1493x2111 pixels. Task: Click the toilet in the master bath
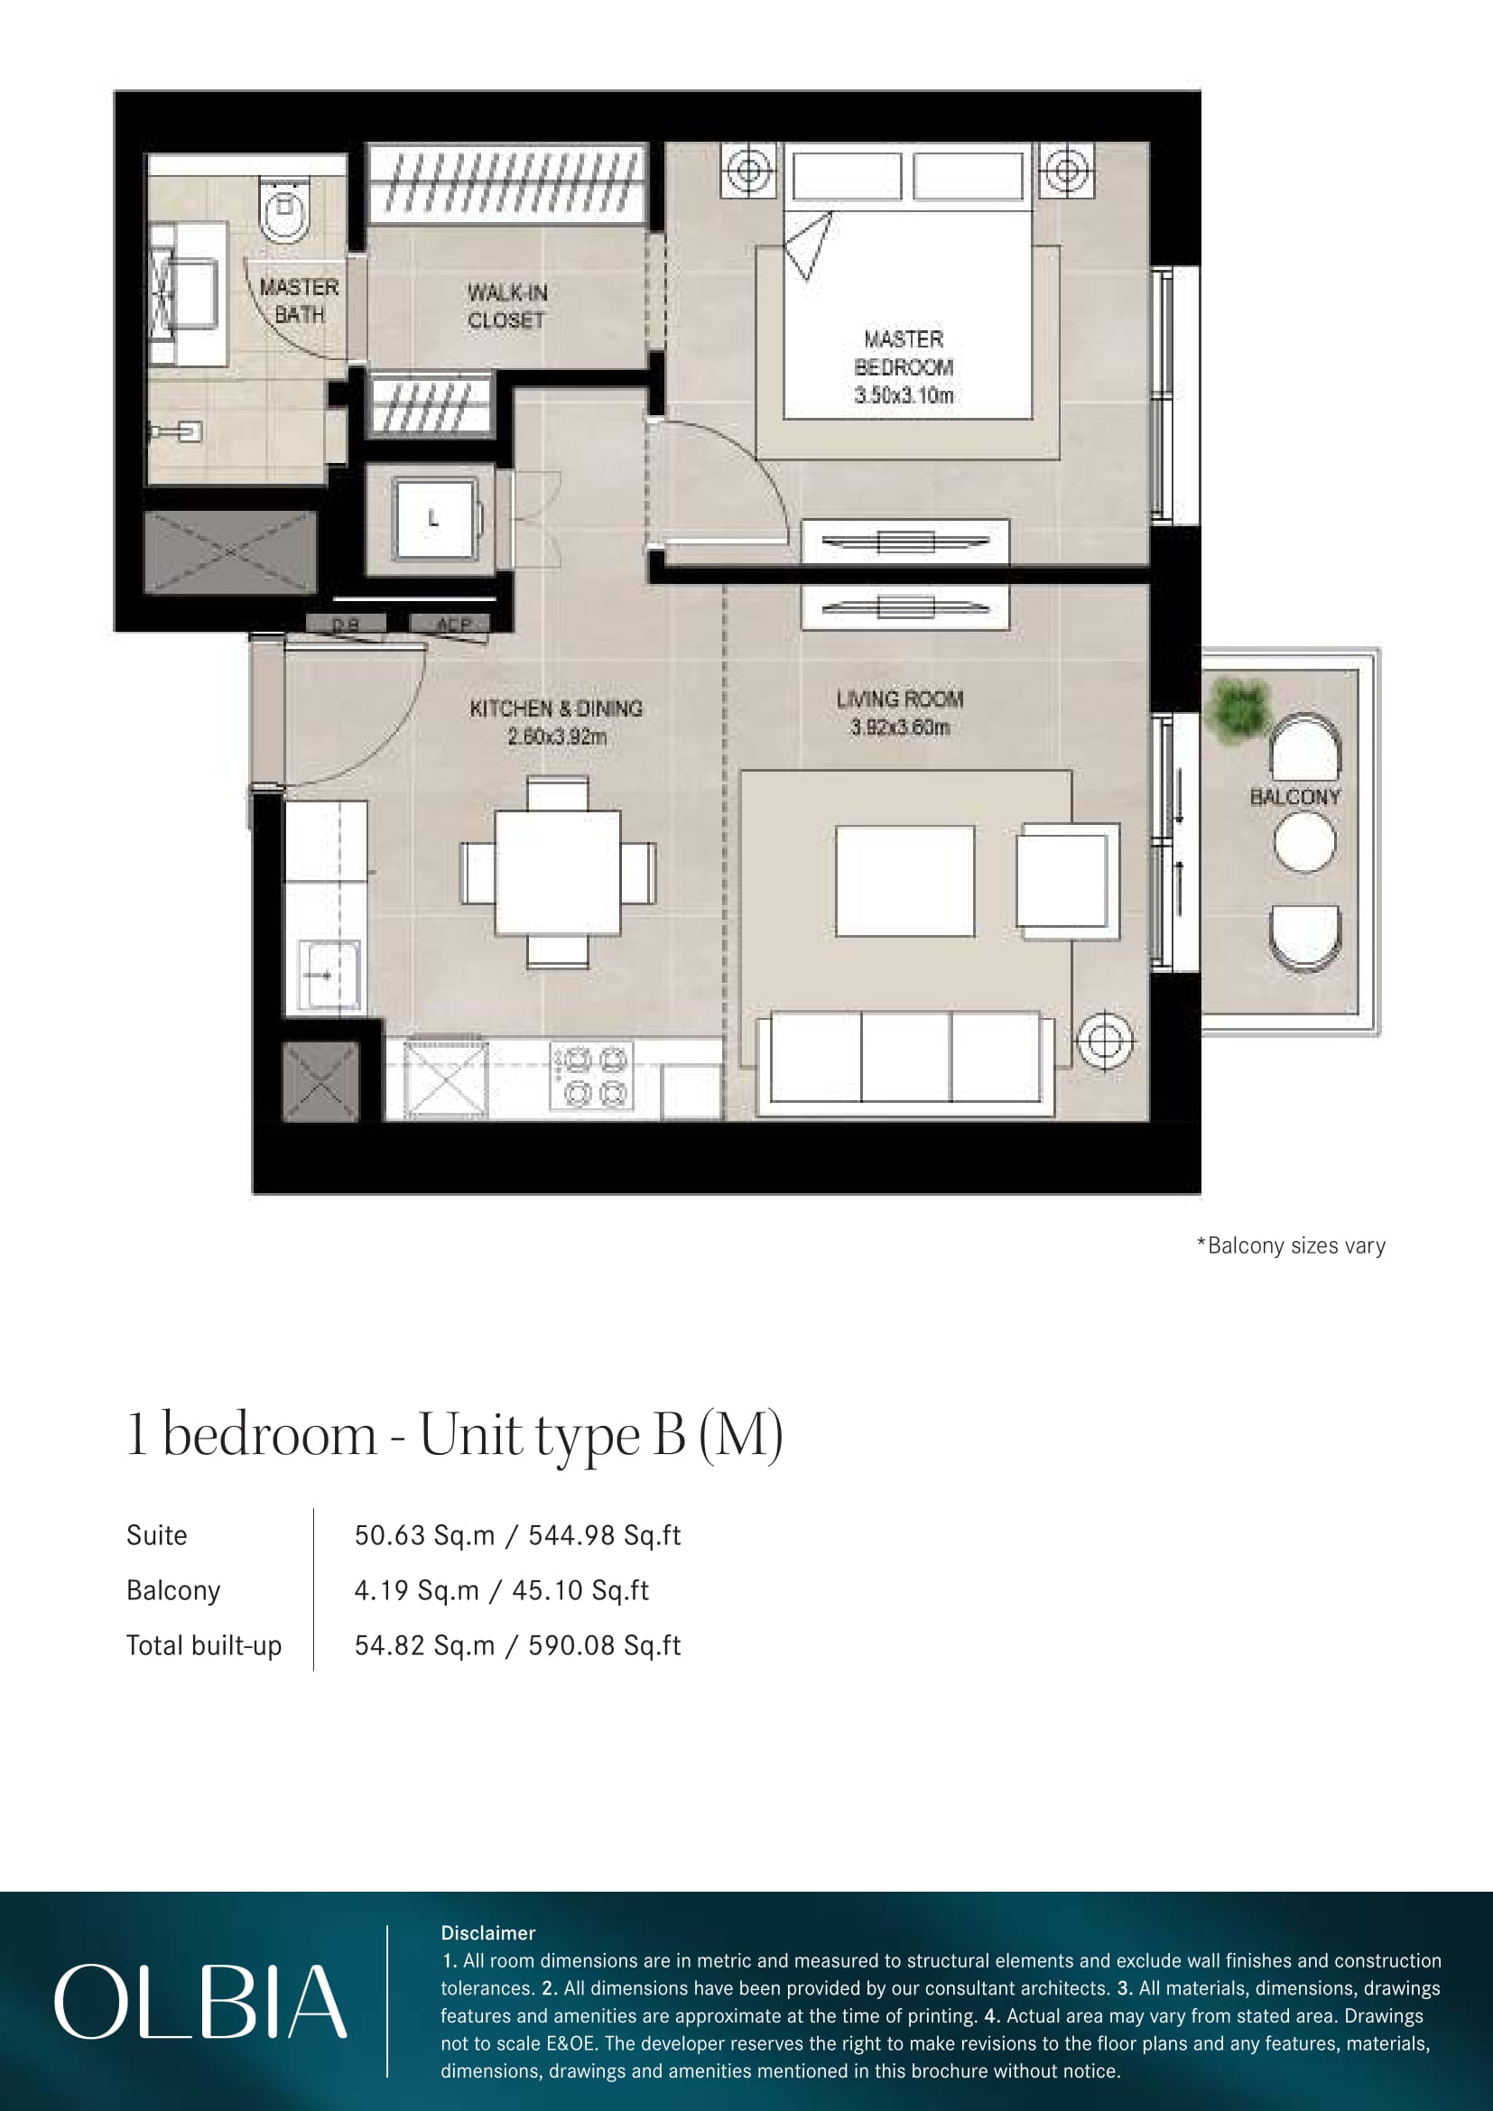point(283,209)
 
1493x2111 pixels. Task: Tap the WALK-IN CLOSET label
point(506,306)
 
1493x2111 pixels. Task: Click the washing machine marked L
point(434,519)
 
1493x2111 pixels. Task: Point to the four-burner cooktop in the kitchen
point(591,1075)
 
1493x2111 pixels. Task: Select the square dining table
point(558,872)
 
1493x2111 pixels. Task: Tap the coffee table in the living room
point(904,881)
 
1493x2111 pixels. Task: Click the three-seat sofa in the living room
point(905,1064)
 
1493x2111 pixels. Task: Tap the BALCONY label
point(1294,797)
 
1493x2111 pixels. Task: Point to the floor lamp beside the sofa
point(1105,1042)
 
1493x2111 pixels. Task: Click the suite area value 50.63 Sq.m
point(425,1534)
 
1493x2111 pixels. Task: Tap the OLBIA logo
point(200,2001)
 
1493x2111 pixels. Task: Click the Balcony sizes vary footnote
point(1291,1245)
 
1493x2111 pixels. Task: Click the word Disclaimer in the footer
point(487,1932)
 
